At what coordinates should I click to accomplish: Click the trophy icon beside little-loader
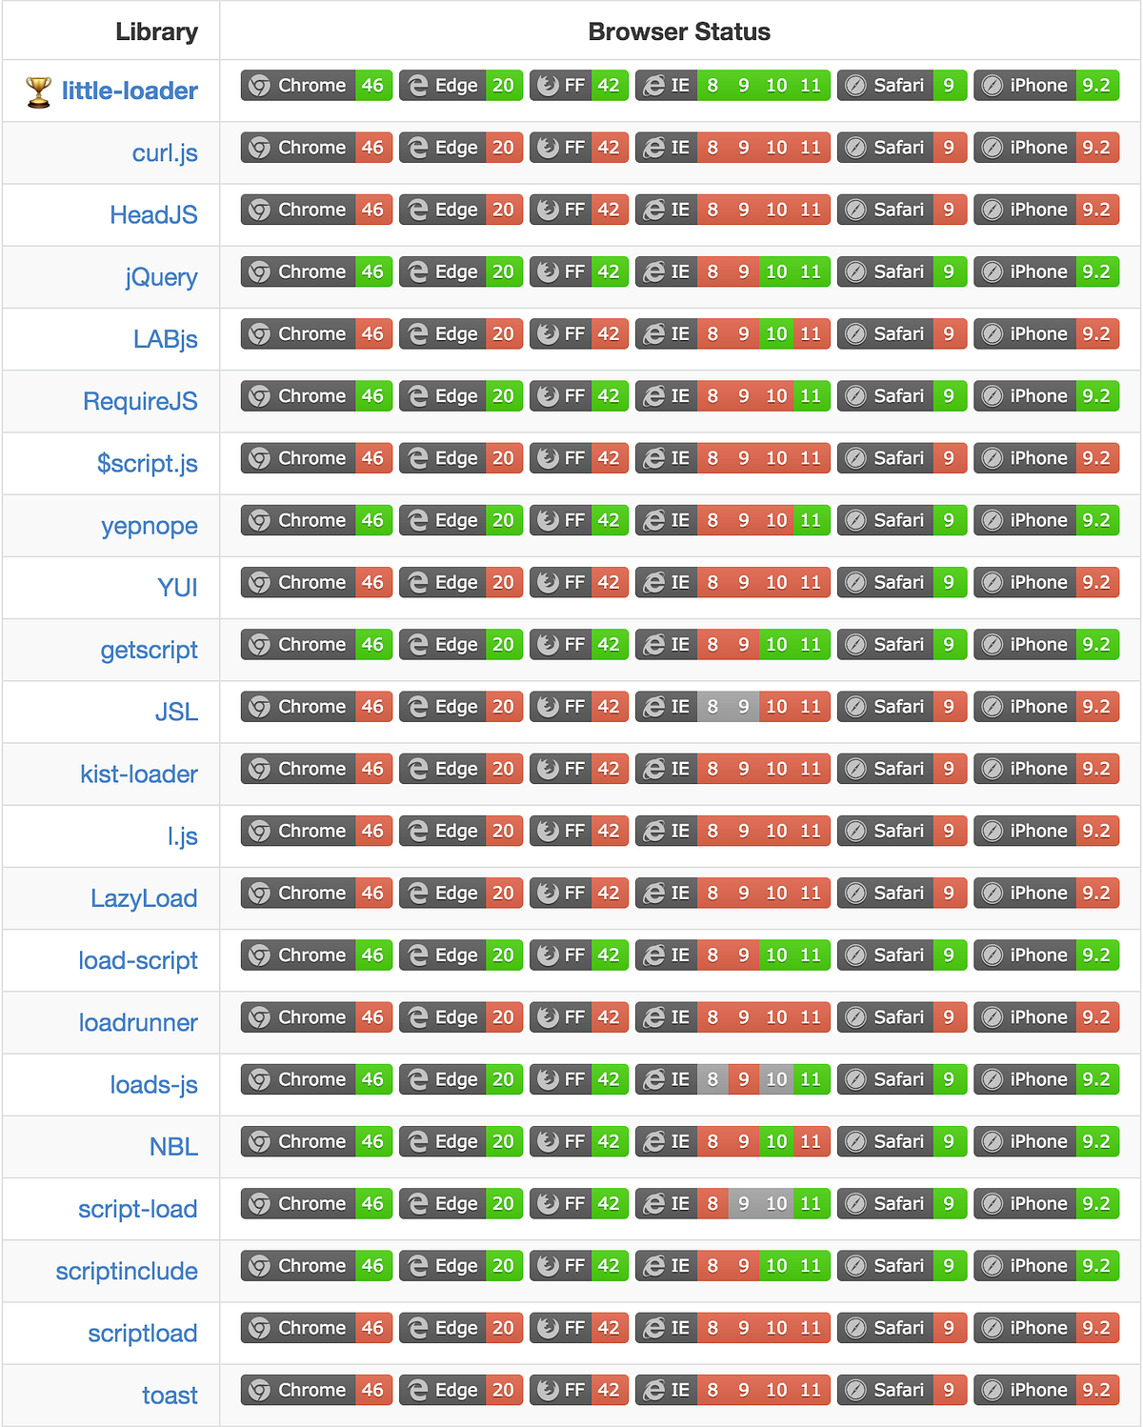pyautogui.click(x=38, y=91)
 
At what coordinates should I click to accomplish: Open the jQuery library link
pyautogui.click(x=161, y=277)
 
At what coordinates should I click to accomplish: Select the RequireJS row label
pyautogui.click(x=140, y=401)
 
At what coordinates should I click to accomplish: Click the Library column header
pyautogui.click(x=156, y=31)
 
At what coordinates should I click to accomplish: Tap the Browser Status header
pyautogui.click(x=678, y=31)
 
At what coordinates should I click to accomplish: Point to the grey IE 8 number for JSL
pyautogui.click(x=712, y=707)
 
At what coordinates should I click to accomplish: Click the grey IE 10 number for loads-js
pyautogui.click(x=776, y=1079)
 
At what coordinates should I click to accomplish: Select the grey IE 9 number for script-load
pyautogui.click(x=743, y=1203)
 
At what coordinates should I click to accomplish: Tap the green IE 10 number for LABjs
pyautogui.click(x=776, y=334)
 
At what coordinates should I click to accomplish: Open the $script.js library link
pyautogui.click(x=148, y=463)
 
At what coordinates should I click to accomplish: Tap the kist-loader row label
pyautogui.click(x=139, y=774)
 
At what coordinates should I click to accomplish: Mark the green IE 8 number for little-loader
pyautogui.click(x=712, y=86)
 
